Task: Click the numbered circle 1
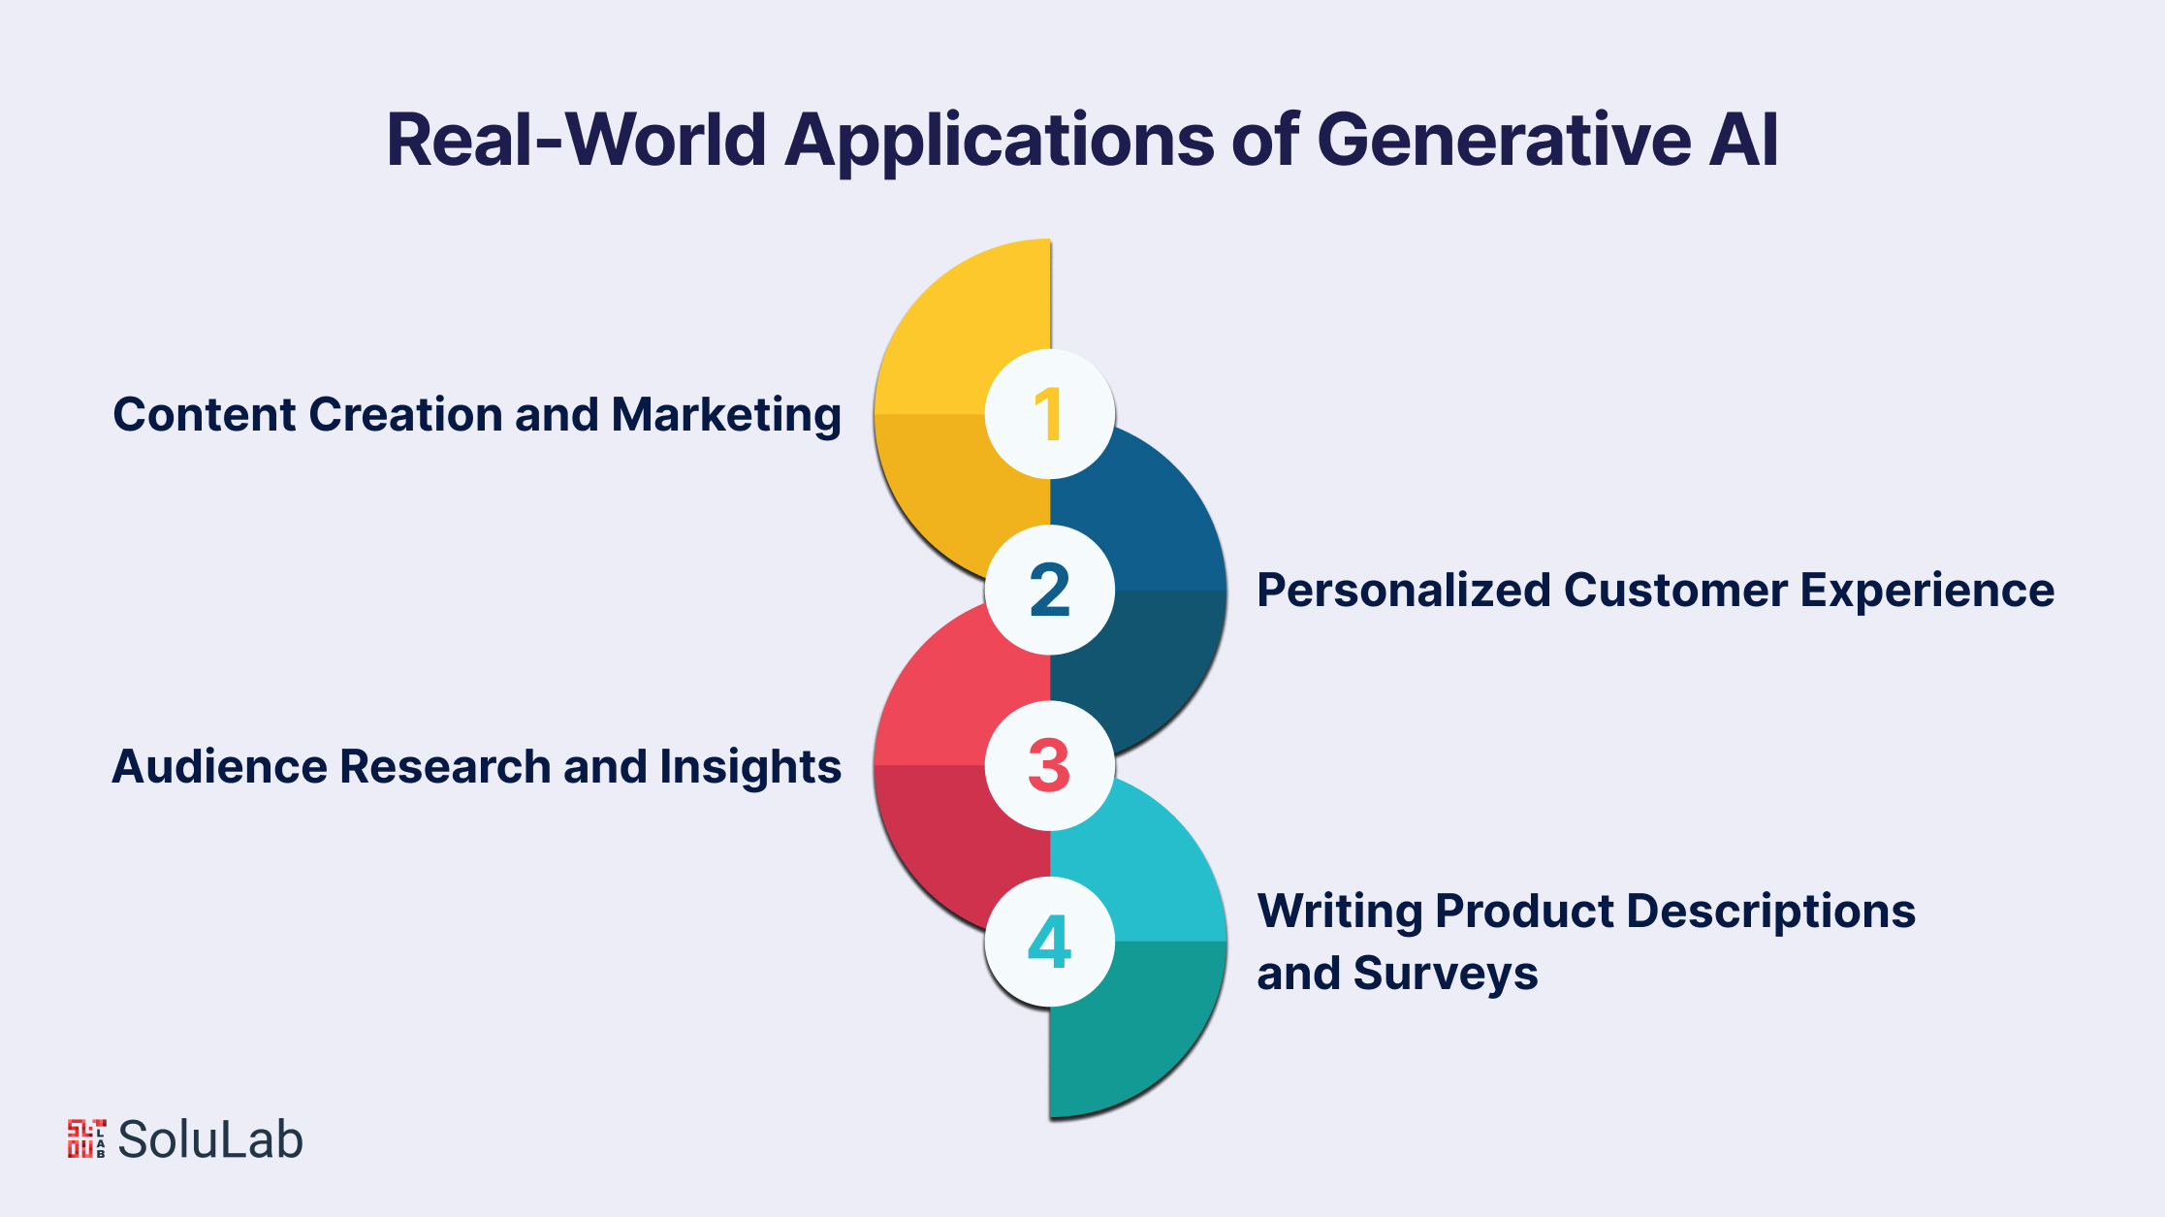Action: [1050, 414]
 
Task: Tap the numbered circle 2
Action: [1050, 590]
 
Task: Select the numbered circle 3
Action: [1050, 765]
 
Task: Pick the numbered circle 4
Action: [1050, 942]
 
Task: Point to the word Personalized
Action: [1403, 590]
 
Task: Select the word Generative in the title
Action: [1505, 140]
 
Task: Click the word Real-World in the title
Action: [577, 140]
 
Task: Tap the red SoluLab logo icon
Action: [86, 1138]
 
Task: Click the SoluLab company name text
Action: [210, 1139]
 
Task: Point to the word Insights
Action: [750, 768]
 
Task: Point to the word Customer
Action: [1675, 590]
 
